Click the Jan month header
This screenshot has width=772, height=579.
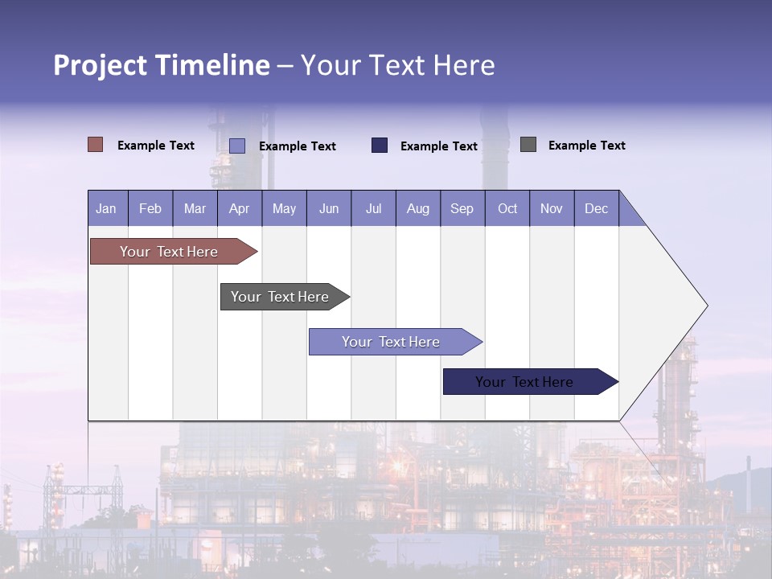tap(107, 208)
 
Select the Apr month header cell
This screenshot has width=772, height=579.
tap(240, 208)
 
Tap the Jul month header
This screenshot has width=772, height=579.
tap(373, 208)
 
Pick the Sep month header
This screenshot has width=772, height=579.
tap(462, 208)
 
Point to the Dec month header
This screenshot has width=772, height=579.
tap(596, 208)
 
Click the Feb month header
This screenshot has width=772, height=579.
tap(150, 208)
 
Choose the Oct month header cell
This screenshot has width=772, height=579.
tap(507, 208)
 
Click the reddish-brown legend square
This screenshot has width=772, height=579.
tap(96, 145)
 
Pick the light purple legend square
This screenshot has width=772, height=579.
tap(237, 146)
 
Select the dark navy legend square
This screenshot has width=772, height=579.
tap(380, 146)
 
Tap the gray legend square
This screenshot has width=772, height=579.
tap(528, 145)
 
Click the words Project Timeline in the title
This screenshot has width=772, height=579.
tap(162, 65)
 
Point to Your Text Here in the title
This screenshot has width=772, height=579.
tap(398, 65)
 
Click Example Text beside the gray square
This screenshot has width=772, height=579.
tap(586, 146)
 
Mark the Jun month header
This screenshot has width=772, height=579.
tap(329, 208)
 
